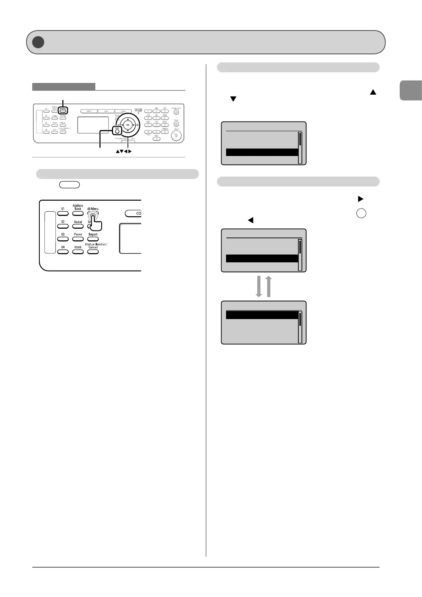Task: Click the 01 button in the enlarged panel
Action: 63,213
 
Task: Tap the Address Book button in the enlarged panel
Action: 78,213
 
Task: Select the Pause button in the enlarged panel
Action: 78,239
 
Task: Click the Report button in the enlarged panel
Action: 93,239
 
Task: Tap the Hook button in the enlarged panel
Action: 78,252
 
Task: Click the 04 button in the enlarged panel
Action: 63,252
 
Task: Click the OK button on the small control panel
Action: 128,125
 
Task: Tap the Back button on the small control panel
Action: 117,130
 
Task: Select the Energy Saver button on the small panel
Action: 176,112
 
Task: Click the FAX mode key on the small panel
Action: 106,111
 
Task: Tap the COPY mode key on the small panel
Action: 89,111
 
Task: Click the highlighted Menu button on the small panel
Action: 63,111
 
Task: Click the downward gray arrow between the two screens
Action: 259,286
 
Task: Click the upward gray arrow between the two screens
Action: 269,286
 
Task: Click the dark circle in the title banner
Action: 38,42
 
